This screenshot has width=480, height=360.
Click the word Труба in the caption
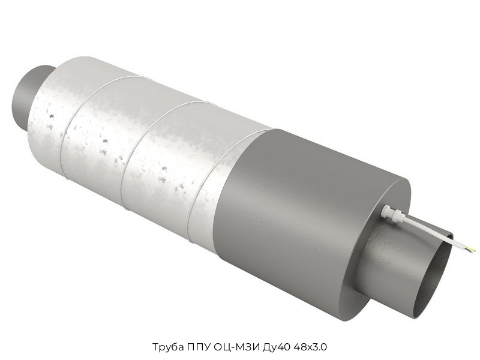coord(168,347)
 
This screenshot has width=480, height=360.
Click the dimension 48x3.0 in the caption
coord(310,347)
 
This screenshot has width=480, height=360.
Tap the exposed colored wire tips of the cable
coord(472,250)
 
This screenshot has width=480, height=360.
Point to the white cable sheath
coord(434,233)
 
